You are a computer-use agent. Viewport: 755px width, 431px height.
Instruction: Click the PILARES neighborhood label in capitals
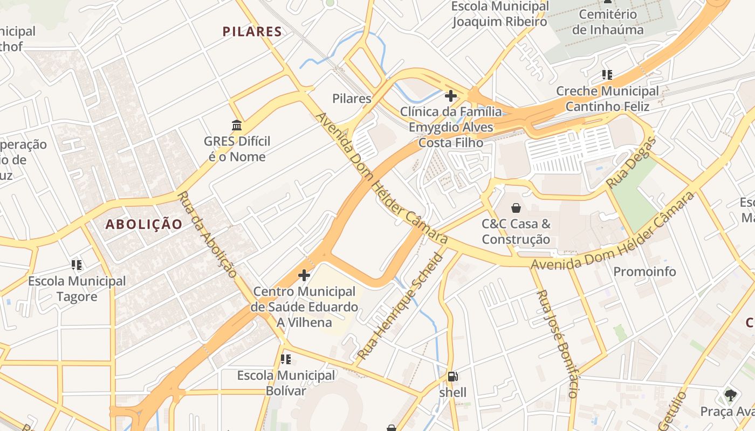click(x=252, y=32)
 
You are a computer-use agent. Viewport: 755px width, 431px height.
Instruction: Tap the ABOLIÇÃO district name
click(x=144, y=224)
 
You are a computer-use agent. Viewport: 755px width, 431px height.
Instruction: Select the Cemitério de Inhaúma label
click(x=608, y=22)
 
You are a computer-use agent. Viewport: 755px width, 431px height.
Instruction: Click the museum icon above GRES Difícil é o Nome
click(x=236, y=126)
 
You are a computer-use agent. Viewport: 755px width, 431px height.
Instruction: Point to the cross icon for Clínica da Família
click(x=450, y=96)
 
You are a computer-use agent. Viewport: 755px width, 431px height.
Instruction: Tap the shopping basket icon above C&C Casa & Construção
click(x=516, y=208)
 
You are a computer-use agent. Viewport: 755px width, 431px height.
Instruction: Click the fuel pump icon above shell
click(x=452, y=377)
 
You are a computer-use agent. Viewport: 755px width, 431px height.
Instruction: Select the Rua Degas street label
click(x=631, y=163)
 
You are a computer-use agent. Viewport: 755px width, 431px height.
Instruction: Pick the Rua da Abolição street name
click(x=208, y=235)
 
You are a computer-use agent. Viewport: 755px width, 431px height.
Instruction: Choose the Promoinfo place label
click(x=644, y=272)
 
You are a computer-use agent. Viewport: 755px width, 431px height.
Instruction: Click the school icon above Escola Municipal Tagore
click(x=77, y=265)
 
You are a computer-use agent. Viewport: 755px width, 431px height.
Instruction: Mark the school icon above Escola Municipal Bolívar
click(x=286, y=359)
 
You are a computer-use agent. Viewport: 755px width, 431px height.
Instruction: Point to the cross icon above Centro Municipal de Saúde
click(x=304, y=276)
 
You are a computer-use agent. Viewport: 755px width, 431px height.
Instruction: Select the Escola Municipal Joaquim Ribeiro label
click(x=499, y=14)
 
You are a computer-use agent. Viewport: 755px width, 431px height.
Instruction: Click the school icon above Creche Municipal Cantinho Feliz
click(x=607, y=75)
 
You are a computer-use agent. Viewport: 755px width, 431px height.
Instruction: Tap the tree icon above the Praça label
click(x=731, y=395)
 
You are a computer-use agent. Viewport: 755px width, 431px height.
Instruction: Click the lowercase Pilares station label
click(x=352, y=99)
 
